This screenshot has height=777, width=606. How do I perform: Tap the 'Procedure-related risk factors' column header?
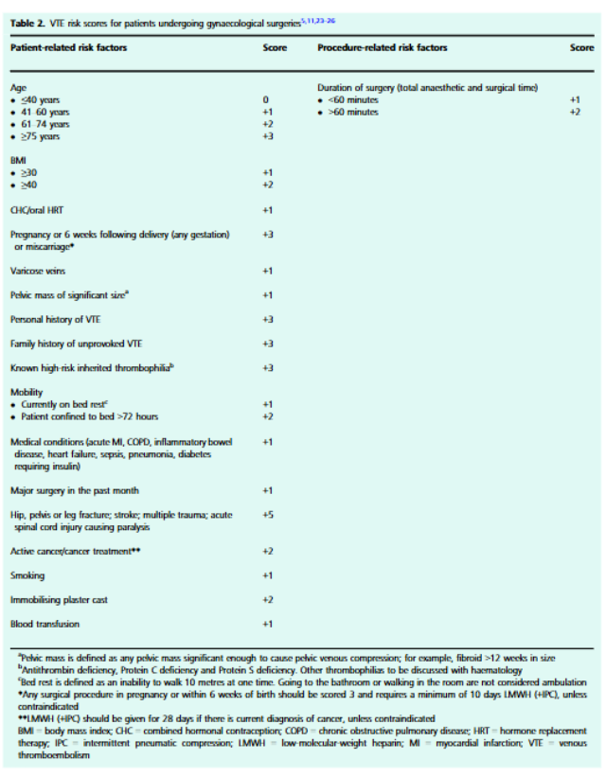click(383, 47)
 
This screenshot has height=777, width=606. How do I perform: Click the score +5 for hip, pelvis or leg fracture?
click(267, 515)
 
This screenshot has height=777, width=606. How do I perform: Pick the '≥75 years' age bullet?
click(39, 136)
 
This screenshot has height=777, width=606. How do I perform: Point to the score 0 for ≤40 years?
click(267, 99)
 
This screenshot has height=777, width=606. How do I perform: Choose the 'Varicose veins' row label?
click(39, 271)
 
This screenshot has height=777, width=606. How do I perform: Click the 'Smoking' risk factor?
click(27, 575)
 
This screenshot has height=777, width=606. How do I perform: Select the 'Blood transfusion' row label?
click(45, 624)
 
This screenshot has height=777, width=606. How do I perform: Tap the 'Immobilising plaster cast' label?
click(61, 600)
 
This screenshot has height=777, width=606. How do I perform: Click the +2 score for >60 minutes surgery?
click(574, 112)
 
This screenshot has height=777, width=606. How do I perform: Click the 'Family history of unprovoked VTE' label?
click(78, 344)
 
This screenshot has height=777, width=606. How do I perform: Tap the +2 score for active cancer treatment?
click(267, 551)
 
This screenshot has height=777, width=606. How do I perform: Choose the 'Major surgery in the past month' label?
click(75, 490)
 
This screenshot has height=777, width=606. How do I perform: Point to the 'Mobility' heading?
click(27, 392)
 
